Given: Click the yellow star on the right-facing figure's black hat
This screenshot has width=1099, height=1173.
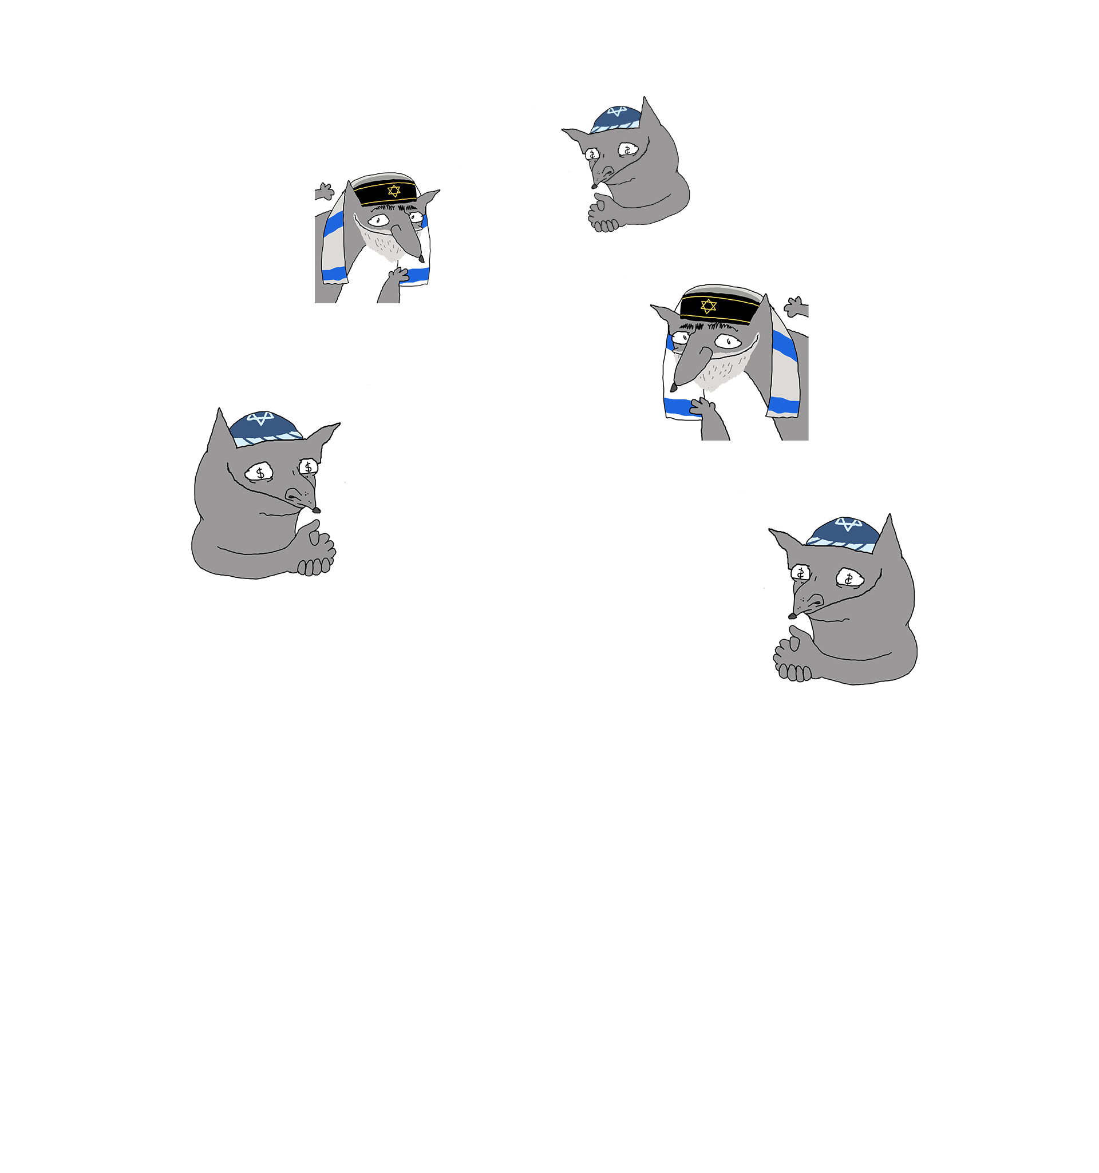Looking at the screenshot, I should coord(394,191).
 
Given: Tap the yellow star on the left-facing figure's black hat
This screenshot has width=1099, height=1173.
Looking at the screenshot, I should coord(708,306).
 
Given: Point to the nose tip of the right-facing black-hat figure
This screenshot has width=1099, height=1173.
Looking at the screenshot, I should coord(421,259).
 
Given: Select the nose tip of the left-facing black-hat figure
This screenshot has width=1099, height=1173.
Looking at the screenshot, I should coord(673,387).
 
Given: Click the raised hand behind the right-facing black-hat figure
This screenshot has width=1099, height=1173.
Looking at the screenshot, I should coord(324,192).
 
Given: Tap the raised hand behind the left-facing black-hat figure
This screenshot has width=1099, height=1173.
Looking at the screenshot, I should coord(796,306).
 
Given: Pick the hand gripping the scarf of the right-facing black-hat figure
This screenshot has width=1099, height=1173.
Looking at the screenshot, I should coord(398,275).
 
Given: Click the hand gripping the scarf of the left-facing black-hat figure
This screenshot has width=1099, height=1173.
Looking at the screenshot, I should coord(702,406).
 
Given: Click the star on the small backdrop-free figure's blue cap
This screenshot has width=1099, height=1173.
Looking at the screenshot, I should coord(618,111).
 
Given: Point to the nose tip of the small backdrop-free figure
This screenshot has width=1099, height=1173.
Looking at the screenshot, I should coord(594,187).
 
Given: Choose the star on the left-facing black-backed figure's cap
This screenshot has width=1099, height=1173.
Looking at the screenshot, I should coord(848,524).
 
